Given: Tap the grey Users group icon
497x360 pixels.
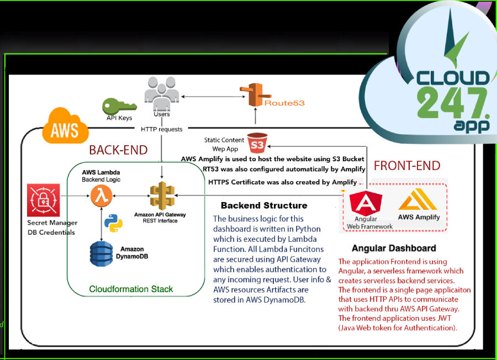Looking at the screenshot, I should click(161, 91).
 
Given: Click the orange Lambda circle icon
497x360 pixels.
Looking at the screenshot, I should click(100, 195).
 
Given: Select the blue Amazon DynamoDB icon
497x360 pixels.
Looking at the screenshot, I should click(101, 253).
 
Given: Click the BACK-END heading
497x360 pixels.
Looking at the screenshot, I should click(119, 150).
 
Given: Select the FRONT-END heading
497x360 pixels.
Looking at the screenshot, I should click(407, 166).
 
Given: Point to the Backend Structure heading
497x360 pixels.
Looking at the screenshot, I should click(264, 205).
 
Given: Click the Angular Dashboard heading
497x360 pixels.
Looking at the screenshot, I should click(394, 248).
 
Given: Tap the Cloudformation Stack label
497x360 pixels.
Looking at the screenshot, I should click(131, 289).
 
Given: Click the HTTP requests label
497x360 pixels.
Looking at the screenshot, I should click(162, 129).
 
